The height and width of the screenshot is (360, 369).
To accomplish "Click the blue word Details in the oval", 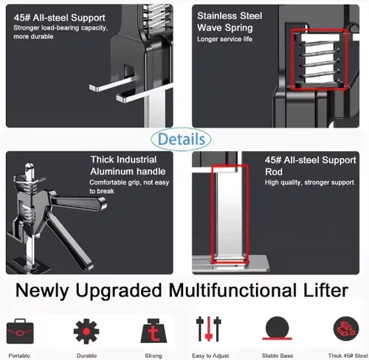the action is coord(182,139).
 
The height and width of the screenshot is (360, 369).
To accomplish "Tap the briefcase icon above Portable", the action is coord(20,331).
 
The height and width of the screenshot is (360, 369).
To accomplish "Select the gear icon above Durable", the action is coord(86,331).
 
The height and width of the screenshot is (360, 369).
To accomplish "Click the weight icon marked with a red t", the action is coord(154,331).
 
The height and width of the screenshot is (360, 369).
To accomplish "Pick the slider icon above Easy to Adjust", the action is coord(209,329).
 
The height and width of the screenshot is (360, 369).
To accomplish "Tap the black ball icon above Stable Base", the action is coord(277,328).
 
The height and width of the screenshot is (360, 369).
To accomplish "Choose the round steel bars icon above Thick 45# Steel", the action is coord(346,329).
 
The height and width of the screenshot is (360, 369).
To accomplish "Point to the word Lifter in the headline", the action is coord(325,291).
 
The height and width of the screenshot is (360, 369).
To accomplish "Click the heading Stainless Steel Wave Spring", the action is coord(230,21).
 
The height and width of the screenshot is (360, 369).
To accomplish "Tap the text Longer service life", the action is coord(224,39).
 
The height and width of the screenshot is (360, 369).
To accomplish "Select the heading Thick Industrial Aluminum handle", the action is coord(128,165).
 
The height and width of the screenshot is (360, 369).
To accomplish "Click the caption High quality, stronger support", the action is coord(309,182).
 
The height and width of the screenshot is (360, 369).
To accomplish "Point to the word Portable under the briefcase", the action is coord(19,356).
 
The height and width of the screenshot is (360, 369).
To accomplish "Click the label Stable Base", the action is coord(277,356).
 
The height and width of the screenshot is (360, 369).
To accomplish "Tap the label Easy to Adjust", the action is coord(210,356).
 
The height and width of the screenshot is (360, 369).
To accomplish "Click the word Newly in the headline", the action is coord(42,291).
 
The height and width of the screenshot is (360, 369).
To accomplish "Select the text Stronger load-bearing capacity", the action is coord(61,28).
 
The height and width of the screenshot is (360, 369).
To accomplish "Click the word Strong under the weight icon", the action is coord(154,356).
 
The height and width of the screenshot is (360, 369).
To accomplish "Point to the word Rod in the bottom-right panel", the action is coord(274,172).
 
